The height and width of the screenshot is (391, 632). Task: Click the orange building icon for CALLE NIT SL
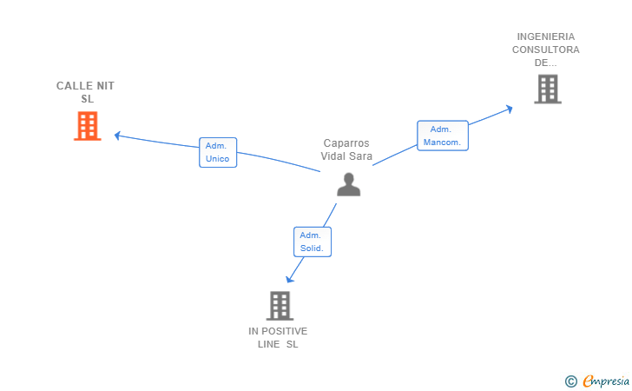(88, 126)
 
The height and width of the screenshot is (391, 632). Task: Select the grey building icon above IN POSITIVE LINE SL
(280, 306)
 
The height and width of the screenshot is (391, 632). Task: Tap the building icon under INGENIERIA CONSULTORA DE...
(548, 89)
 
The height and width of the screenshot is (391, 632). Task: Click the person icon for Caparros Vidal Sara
(349, 184)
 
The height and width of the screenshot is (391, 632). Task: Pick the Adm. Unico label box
(218, 153)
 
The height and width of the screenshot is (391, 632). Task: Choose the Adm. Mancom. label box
(443, 136)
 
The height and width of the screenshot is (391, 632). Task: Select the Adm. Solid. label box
(313, 242)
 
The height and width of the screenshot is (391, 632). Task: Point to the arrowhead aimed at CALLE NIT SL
(118, 136)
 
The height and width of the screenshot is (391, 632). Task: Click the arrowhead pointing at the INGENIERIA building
(509, 109)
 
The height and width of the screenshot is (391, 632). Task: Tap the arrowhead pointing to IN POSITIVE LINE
(289, 279)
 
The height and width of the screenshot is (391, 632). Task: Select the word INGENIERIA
(546, 36)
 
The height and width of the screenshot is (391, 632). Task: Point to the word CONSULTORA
(546, 50)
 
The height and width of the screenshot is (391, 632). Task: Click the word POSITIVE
(285, 331)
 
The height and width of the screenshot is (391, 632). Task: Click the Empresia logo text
(606, 381)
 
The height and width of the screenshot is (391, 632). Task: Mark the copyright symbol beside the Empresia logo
(571, 381)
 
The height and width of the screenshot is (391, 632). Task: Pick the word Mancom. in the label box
(442, 142)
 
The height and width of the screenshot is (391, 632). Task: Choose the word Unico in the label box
(217, 159)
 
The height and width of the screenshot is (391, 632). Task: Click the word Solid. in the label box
(312, 249)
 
